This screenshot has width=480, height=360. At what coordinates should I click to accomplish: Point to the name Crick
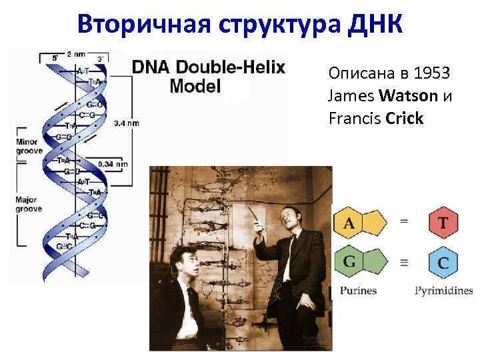point(404,119)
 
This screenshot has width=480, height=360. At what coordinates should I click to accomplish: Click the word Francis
point(351,119)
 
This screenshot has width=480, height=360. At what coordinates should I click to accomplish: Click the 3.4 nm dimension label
point(126,123)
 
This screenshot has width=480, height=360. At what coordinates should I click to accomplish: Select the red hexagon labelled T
point(443,223)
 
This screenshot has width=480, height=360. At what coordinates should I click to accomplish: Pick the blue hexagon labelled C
point(443,263)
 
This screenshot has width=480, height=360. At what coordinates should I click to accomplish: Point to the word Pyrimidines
point(443,291)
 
